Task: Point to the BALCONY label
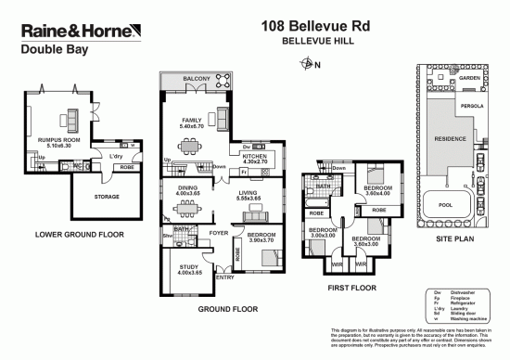(x=198, y=79)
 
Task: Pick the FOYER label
(x=218, y=232)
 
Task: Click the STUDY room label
(x=188, y=268)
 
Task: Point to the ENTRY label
(x=225, y=276)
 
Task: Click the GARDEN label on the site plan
(x=469, y=78)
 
